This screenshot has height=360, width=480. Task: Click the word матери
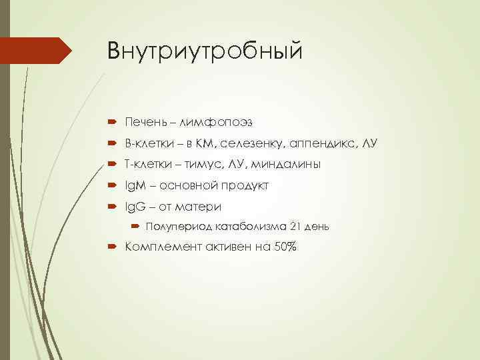(x=198, y=206)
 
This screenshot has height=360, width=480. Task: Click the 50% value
(x=283, y=247)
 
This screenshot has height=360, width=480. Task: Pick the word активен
(x=221, y=247)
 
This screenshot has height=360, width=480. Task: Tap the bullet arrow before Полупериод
(x=133, y=227)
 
